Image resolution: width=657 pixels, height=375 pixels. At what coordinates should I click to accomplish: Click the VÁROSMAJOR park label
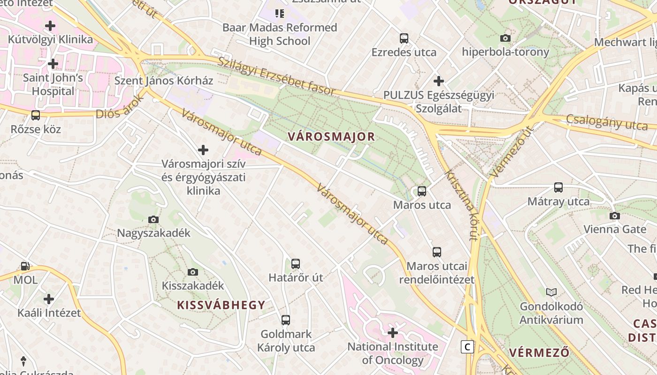coord(331,137)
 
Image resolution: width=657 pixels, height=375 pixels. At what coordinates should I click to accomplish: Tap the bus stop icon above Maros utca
coord(421,191)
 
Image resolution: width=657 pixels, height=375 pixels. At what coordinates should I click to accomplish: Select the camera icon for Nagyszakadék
coord(153,219)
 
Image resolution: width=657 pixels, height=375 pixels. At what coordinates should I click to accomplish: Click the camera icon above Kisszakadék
coord(192,272)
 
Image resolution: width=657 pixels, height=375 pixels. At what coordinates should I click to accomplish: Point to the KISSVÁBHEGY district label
coord(221,305)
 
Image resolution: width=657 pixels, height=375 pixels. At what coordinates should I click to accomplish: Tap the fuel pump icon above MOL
coord(25,266)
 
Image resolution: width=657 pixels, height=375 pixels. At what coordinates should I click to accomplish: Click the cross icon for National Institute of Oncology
coord(392,333)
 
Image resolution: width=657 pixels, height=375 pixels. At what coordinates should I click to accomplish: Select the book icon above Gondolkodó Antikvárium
coord(551,292)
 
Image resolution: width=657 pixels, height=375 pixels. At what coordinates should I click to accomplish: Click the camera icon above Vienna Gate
coord(614,216)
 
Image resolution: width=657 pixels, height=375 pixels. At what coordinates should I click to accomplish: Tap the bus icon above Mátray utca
coord(558,187)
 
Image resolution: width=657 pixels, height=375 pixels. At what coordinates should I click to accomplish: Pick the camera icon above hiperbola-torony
coord(505,38)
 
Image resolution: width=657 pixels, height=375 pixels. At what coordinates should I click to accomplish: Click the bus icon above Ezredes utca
coord(404,38)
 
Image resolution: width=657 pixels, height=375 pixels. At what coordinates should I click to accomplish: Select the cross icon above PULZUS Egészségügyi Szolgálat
coord(438,81)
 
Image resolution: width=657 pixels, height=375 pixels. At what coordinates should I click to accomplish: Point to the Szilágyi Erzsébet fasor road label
coord(277,75)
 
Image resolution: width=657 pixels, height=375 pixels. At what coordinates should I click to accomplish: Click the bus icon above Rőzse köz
coord(35,115)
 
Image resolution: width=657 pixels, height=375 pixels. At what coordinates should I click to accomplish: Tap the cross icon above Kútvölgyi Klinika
coord(50,26)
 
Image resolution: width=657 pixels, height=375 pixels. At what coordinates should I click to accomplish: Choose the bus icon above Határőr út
coord(295,264)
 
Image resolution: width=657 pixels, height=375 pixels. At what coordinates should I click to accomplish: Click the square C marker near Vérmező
coord(467,346)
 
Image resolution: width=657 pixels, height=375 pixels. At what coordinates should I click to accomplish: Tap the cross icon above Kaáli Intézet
coord(48,299)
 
